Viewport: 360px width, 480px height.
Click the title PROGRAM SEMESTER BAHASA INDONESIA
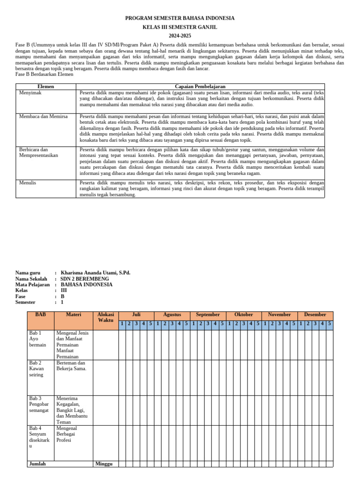coord(180,18)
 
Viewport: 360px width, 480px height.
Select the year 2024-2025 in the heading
coord(180,36)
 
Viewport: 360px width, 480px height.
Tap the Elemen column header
coord(46,87)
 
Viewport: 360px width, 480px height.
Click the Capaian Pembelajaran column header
coord(200,87)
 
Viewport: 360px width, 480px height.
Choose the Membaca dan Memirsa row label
coord(43,116)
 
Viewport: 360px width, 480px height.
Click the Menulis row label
coord(28,183)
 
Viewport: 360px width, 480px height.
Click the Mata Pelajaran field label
coord(32,285)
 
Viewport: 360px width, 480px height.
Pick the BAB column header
coord(41,315)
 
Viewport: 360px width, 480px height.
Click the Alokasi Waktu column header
coord(105,317)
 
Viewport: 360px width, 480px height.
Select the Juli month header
coord(136,315)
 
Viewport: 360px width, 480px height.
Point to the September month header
coord(208,315)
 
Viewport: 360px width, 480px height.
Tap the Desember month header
coord(315,315)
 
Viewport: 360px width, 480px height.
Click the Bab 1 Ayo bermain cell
coord(37,339)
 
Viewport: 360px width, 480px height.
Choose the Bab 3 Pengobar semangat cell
coord(39,404)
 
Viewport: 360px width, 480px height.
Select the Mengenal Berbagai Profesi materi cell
coord(67,435)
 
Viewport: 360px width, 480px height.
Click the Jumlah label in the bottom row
coord(37,464)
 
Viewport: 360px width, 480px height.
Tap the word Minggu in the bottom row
coord(104,464)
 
